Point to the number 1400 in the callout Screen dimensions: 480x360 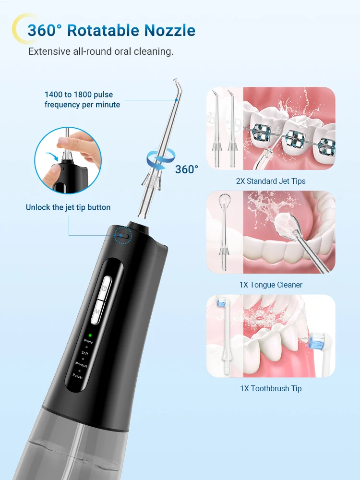[x=54, y=95]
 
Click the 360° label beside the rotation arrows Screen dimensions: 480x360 [x=186, y=169]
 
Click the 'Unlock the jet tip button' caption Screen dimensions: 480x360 [x=68, y=207]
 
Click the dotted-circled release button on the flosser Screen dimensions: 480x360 [x=123, y=235]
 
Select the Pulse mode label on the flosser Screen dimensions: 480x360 [x=88, y=342]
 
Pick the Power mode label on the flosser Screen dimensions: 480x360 [x=78, y=376]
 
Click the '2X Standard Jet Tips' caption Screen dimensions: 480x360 [x=271, y=181]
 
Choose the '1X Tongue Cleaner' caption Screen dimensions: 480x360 [x=271, y=285]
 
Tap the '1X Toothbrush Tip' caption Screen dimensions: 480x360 [x=271, y=388]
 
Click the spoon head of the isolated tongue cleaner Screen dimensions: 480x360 [x=224, y=200]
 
